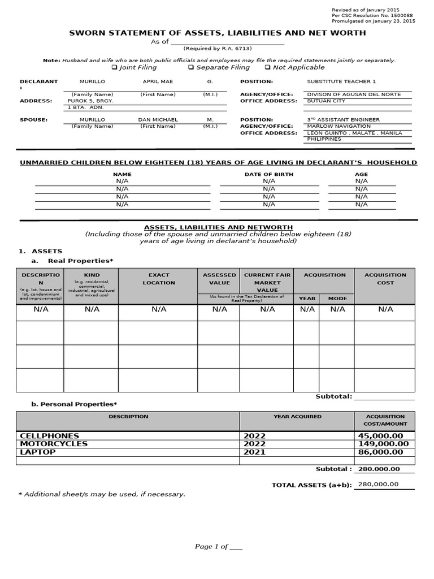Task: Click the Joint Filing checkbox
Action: (114, 67)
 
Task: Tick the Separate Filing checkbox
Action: (191, 67)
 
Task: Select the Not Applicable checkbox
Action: (267, 67)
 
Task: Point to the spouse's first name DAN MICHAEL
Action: (158, 120)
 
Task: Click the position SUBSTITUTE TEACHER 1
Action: (341, 81)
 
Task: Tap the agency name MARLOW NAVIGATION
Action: (338, 126)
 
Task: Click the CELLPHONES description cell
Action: (50, 436)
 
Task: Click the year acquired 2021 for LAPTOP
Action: (254, 452)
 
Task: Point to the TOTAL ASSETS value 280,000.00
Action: (377, 484)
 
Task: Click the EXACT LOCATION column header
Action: (159, 279)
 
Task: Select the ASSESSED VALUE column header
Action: (219, 279)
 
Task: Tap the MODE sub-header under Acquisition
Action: (337, 298)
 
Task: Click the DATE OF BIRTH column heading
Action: (268, 174)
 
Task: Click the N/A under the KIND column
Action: (92, 309)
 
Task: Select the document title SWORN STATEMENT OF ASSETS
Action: (217, 33)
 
